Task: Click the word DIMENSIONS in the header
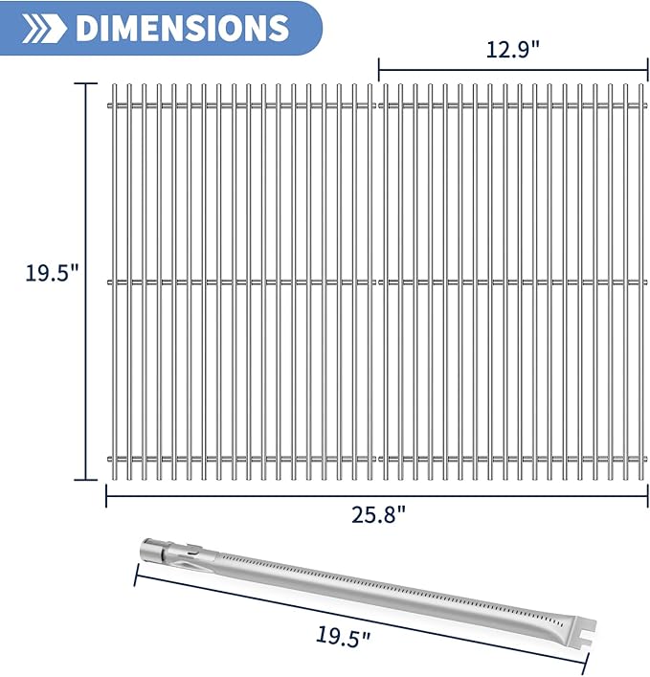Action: coord(181,28)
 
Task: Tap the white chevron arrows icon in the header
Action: coord(40,28)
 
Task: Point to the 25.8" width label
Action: coord(377,513)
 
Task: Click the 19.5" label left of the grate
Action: coord(50,272)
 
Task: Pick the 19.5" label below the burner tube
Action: coord(344,633)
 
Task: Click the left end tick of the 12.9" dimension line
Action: coord(379,69)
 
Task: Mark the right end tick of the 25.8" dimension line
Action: coord(647,495)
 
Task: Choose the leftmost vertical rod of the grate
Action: coord(113,281)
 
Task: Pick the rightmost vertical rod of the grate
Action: coord(641,281)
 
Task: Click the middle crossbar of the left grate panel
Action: coord(244,282)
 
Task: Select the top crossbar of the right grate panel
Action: coord(512,103)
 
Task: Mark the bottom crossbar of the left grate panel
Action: coord(244,459)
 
